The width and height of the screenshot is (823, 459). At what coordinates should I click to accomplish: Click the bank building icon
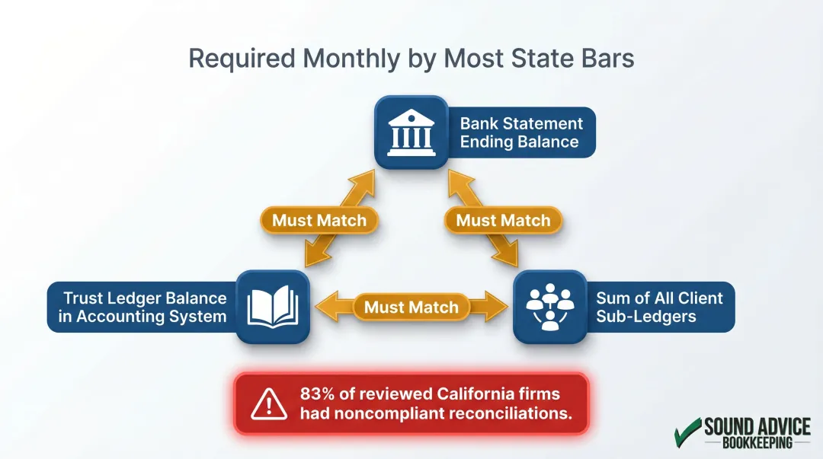411,132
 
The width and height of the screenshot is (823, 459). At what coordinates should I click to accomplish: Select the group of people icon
549,307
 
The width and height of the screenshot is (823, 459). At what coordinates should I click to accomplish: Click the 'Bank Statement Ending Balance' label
521,132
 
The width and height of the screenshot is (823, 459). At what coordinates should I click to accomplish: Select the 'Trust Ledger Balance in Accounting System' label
143,308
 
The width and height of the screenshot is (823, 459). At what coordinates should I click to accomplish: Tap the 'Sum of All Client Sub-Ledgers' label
659,307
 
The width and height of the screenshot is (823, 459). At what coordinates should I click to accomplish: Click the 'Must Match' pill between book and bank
319,221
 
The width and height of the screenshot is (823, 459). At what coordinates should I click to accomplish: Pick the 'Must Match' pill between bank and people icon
503,221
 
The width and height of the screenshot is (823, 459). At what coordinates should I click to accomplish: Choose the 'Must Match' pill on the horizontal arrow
411,308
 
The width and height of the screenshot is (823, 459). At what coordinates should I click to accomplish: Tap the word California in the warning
476,394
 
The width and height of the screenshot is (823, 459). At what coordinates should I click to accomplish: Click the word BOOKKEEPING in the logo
757,442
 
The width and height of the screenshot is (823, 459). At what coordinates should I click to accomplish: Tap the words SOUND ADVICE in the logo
757,426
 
